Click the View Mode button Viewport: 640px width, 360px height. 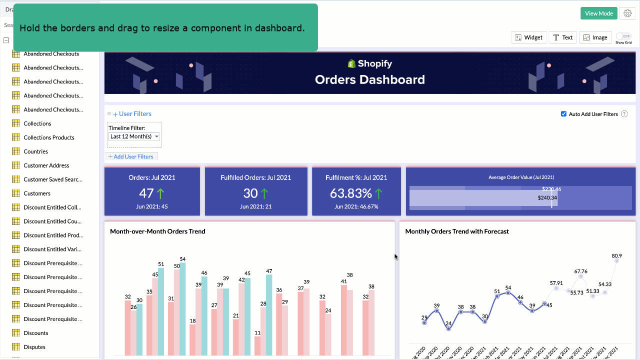598,13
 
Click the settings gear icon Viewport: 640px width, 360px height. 627,13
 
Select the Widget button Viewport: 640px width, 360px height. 528,37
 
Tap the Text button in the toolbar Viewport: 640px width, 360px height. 562,37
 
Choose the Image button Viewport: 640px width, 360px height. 595,37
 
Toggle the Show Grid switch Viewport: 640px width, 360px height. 623,36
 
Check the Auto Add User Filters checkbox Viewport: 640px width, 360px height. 564,114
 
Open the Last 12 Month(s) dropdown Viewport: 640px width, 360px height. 134,136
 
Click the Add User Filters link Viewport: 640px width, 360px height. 131,156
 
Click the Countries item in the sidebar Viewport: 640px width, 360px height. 36,151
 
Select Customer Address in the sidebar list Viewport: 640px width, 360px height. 46,165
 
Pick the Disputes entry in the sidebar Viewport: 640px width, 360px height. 34,347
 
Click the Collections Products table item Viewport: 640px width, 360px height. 48,137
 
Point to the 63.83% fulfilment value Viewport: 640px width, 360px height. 350,193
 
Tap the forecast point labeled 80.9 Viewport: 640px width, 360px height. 617,260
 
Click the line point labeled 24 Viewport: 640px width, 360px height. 448,328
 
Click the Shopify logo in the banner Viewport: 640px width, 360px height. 352,63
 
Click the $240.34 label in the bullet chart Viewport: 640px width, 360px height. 547,197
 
